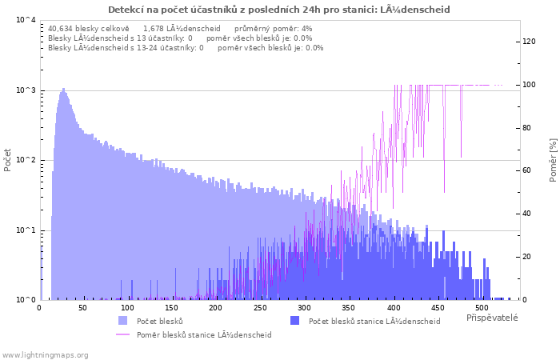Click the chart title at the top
(x=279, y=10)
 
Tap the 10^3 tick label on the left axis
(x=26, y=90)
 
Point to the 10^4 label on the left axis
(x=26, y=20)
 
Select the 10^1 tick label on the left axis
(x=26, y=230)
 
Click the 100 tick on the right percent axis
(x=529, y=85)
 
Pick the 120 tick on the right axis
(x=529, y=42)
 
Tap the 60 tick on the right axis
(x=526, y=170)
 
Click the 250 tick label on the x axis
(x=260, y=308)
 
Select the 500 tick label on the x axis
(x=482, y=308)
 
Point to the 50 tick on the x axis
(x=82, y=308)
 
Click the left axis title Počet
(x=7, y=160)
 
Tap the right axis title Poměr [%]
(x=553, y=160)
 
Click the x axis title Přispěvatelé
(x=492, y=318)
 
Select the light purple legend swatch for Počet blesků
(x=123, y=320)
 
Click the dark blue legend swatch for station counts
(x=294, y=320)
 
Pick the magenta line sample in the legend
(x=123, y=334)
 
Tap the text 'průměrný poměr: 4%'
(x=274, y=29)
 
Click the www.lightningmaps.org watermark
(x=44, y=355)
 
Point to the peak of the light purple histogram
(x=63, y=89)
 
